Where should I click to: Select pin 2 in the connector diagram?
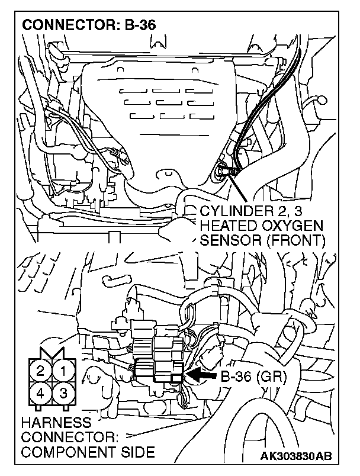(x=40, y=371)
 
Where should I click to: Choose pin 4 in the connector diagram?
(x=40, y=393)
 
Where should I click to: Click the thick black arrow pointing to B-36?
(x=201, y=375)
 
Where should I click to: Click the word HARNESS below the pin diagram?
(x=56, y=423)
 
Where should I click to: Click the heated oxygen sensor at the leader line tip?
(x=221, y=171)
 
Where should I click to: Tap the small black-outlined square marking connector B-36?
(x=176, y=377)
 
